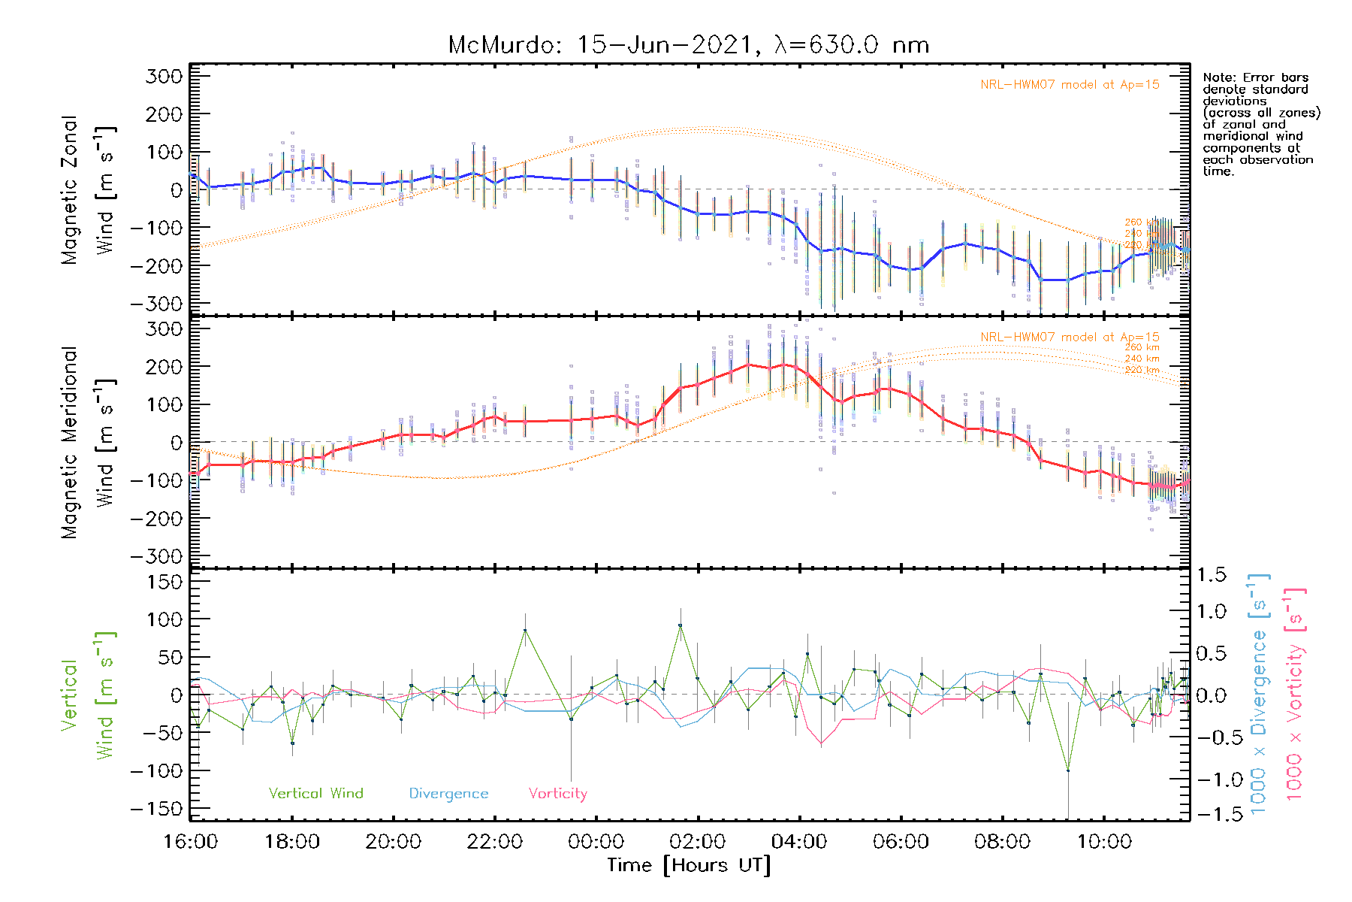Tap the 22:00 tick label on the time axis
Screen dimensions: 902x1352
point(494,842)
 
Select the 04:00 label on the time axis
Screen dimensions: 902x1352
point(799,842)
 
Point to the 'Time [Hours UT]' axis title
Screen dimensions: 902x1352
point(689,865)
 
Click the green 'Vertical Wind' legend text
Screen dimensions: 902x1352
point(315,793)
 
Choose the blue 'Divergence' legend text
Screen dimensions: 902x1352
point(448,793)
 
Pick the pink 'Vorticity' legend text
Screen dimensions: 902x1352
point(557,793)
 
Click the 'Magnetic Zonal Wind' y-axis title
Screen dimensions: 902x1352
point(86,190)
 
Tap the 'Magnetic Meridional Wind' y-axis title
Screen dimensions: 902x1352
point(86,443)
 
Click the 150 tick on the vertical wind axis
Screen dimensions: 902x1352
point(164,582)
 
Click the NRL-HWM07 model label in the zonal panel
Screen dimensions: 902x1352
point(1070,85)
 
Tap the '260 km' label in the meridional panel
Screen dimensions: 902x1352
point(1142,347)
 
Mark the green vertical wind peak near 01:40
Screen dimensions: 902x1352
point(681,625)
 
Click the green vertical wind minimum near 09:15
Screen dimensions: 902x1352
point(1067,770)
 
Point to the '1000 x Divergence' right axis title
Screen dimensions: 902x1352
point(1259,695)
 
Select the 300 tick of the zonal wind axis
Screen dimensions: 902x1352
point(164,76)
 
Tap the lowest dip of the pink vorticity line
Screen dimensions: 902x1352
point(821,744)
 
